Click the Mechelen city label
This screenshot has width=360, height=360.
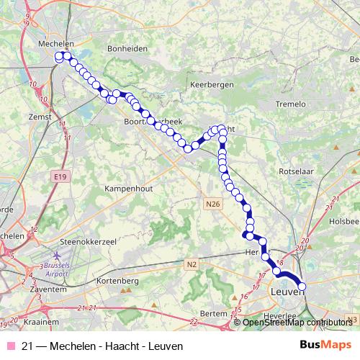(x=55, y=43)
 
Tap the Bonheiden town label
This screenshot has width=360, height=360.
(x=127, y=48)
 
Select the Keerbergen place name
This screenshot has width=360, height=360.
(x=209, y=84)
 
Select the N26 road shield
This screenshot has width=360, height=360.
(x=212, y=204)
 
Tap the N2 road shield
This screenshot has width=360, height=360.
(x=192, y=265)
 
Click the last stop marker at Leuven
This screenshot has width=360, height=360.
(x=302, y=287)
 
